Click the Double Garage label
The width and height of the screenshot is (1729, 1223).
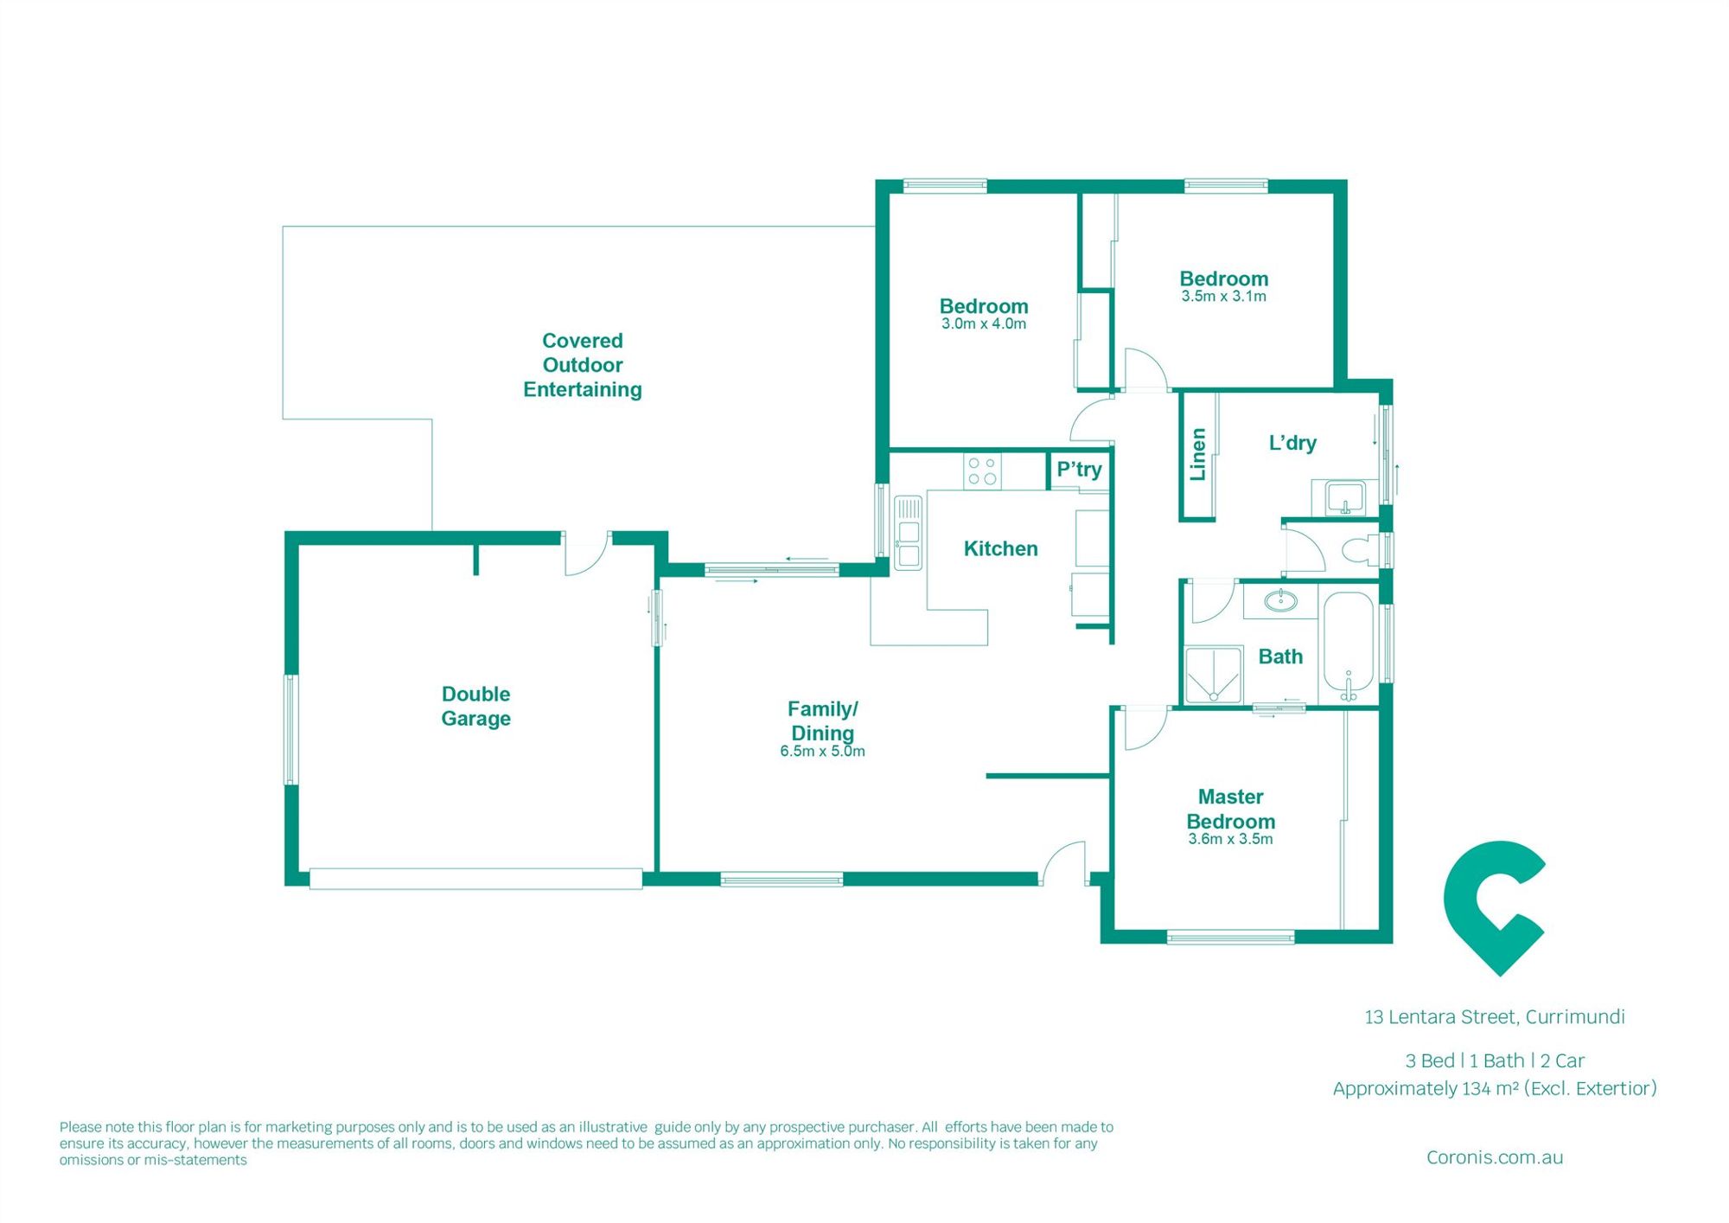[475, 706]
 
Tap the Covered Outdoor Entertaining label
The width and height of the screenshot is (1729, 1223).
[583, 365]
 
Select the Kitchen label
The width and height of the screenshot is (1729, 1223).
[1000, 548]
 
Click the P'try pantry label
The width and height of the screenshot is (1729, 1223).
[1079, 470]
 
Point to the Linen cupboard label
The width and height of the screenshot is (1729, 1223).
[1197, 454]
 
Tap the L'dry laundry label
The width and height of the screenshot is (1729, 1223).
[1292, 443]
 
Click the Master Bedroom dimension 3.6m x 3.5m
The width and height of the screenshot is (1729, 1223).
[1230, 839]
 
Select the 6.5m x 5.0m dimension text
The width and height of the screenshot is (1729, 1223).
[822, 752]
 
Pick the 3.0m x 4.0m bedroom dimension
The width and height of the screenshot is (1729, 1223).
[984, 324]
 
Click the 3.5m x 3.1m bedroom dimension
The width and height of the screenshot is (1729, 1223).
[1223, 297]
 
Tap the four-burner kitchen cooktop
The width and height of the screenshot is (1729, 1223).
[982, 471]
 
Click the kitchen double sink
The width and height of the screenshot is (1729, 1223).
[908, 533]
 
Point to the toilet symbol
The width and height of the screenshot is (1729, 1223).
[1362, 548]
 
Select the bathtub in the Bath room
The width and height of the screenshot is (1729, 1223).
[1348, 645]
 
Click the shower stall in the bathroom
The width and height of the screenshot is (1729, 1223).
[1214, 675]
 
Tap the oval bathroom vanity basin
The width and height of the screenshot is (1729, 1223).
[1280, 600]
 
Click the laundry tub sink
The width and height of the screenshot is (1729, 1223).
[1344, 498]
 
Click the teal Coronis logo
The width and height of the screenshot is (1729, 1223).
[1494, 907]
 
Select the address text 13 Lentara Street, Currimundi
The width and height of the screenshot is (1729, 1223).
[1495, 1017]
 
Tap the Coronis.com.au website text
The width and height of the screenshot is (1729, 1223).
[1495, 1157]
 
